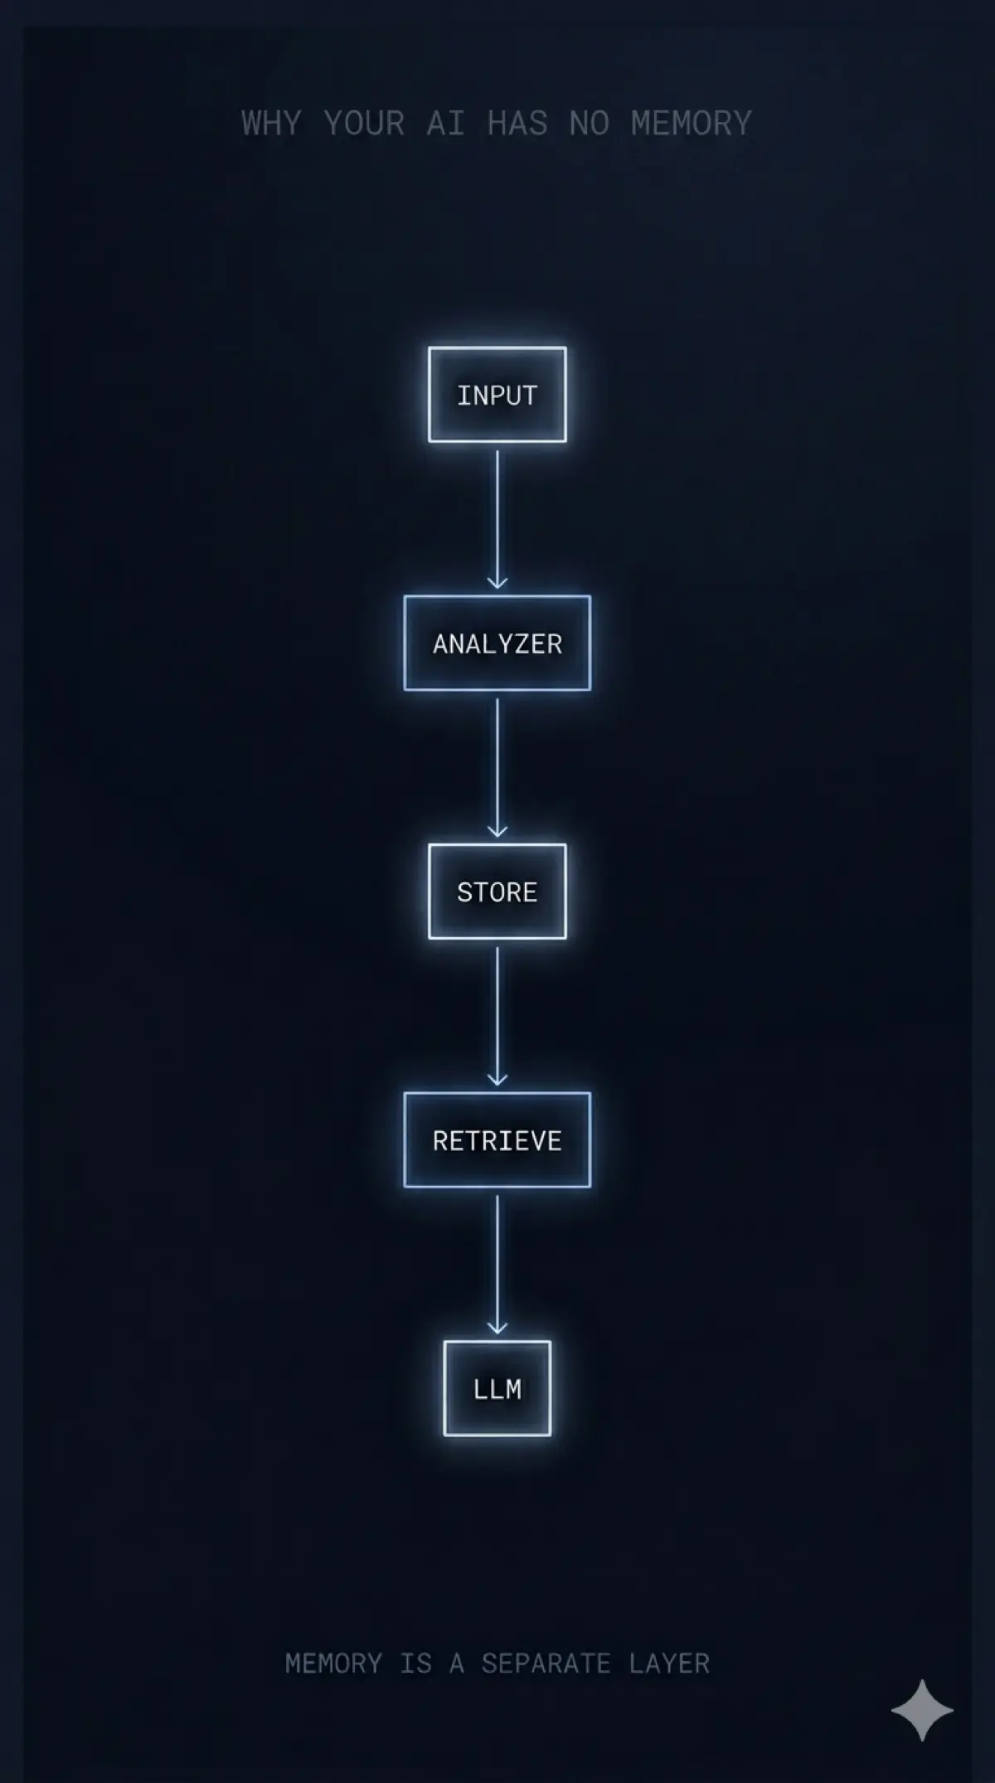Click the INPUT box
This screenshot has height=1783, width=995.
pyautogui.click(x=498, y=394)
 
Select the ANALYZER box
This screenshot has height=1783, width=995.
pyautogui.click(x=498, y=643)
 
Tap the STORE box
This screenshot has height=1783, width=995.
pyautogui.click(x=498, y=891)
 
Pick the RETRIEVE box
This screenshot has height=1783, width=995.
pyautogui.click(x=498, y=1140)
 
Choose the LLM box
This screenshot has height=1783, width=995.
pyautogui.click(x=498, y=1388)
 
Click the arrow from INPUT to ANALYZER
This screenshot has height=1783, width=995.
pyautogui.click(x=498, y=519)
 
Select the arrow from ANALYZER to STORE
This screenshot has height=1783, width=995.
pyautogui.click(x=498, y=768)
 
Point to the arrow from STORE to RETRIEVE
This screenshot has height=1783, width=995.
pyautogui.click(x=498, y=1017)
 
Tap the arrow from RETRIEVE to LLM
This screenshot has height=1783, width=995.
pyautogui.click(x=498, y=1265)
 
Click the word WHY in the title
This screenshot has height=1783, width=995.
pyautogui.click(x=271, y=124)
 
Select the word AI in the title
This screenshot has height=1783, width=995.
pyautogui.click(x=445, y=124)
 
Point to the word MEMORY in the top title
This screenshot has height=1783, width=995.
pyautogui.click(x=692, y=124)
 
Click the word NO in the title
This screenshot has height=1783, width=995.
pyautogui.click(x=589, y=124)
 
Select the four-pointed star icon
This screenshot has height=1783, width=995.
pyautogui.click(x=922, y=1710)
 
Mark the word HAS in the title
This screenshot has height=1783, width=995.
pyautogui.click(x=517, y=124)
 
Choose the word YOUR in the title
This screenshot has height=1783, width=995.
pyautogui.click(x=364, y=124)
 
